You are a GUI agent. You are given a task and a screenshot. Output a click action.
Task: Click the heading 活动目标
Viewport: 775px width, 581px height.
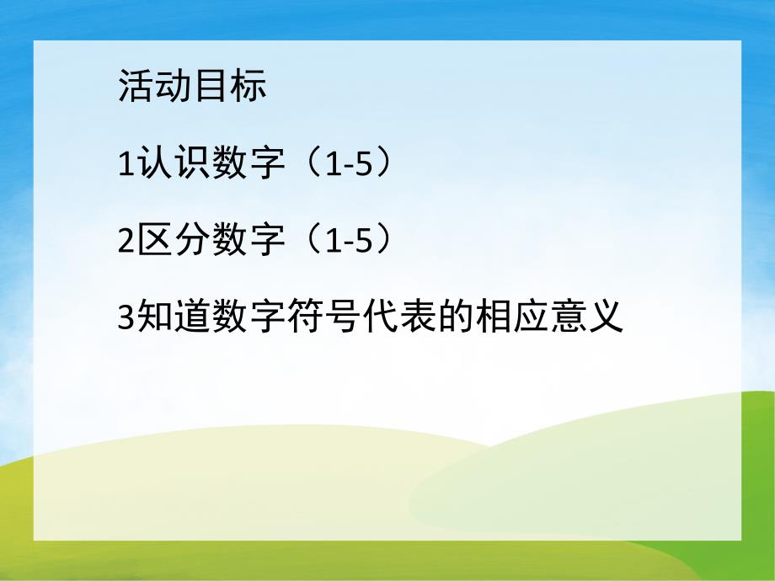point(192,88)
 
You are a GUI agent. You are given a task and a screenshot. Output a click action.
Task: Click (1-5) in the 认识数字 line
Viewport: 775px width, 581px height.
point(346,164)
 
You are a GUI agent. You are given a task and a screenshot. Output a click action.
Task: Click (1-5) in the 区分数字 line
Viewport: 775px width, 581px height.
point(346,242)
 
